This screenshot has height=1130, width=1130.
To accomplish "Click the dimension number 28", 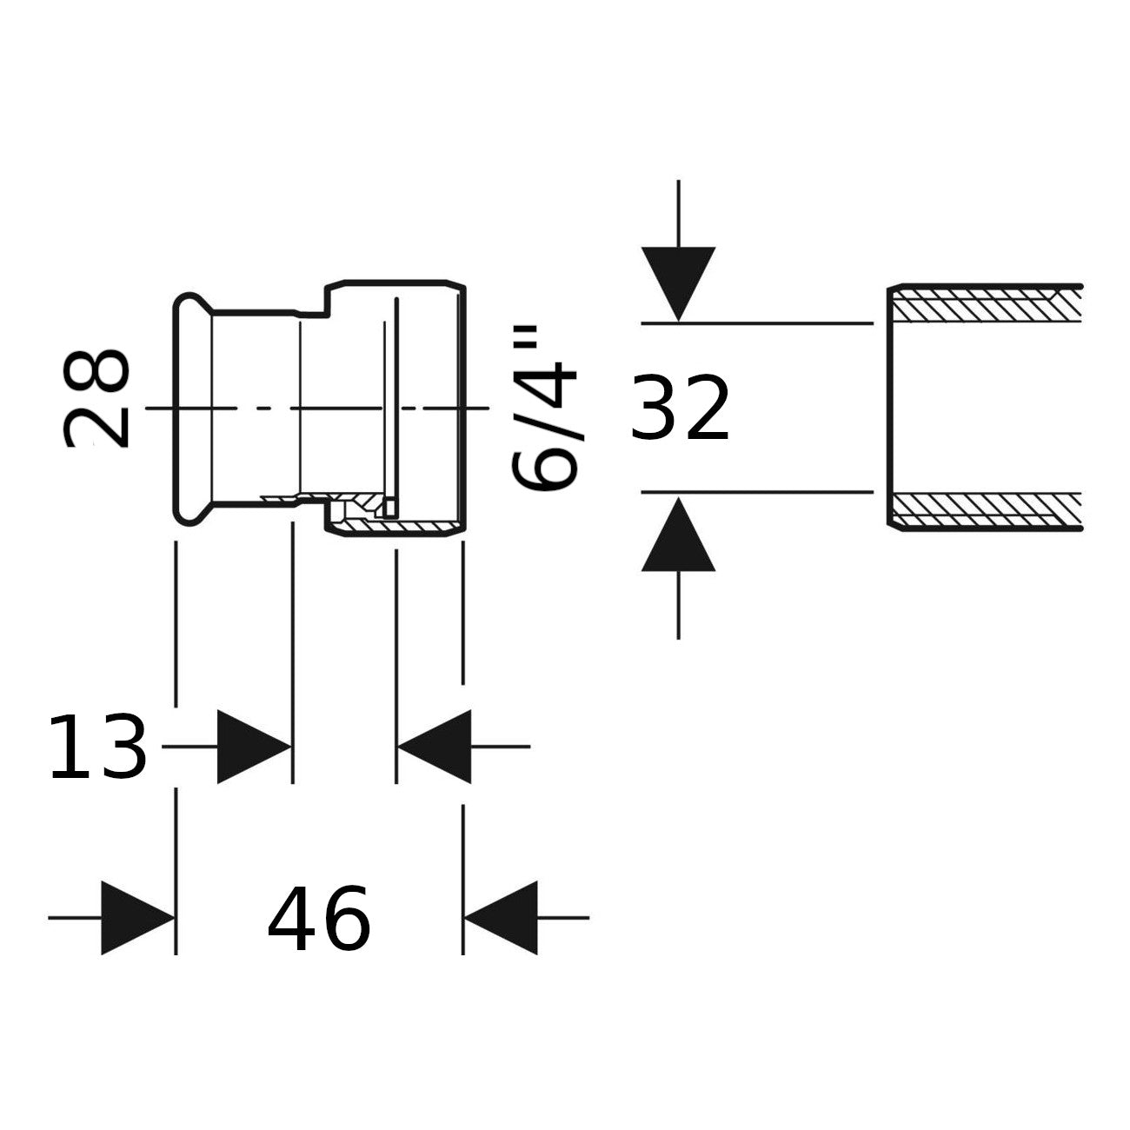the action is pos(96,399).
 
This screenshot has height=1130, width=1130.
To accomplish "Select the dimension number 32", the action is pos(679,409).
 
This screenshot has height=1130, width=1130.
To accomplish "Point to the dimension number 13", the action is pos(96,747).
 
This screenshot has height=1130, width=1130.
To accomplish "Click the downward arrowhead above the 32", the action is pos(679,284).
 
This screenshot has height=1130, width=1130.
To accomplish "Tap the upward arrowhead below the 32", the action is pos(679,534).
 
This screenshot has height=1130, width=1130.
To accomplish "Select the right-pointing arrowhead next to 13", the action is pos(254,747).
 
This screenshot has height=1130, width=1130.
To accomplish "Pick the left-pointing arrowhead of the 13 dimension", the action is pos(435,747).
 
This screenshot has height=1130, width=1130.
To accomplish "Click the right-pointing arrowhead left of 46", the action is pos(138,918).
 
